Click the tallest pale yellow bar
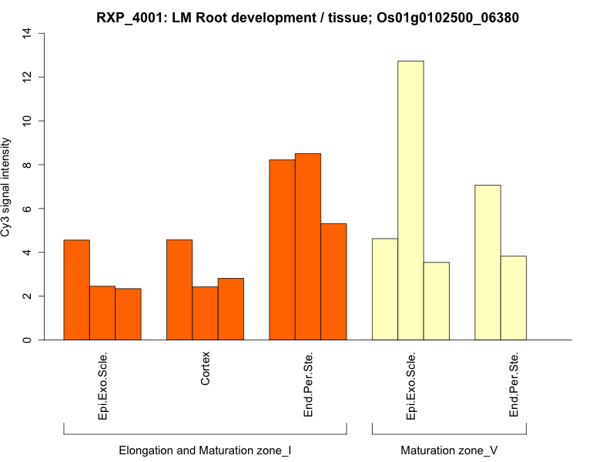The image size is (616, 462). [410, 200]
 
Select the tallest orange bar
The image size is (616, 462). [308, 246]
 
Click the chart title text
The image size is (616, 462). [308, 18]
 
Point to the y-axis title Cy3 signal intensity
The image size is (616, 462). [7, 186]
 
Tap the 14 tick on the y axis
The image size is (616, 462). [28, 33]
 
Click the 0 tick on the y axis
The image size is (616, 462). [28, 340]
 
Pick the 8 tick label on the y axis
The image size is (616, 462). [28, 165]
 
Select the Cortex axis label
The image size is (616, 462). [205, 370]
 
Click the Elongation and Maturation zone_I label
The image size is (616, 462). [205, 450]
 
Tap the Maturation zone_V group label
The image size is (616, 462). [449, 450]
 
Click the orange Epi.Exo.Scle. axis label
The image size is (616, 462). [102, 386]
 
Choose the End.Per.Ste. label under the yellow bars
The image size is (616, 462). [514, 384]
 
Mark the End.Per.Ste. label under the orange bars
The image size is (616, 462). [308, 384]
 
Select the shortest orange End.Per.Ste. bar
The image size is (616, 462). [333, 282]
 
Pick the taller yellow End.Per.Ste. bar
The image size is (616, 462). [487, 262]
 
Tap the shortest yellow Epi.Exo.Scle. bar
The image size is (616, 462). [436, 301]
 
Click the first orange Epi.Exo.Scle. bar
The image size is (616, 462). [76, 290]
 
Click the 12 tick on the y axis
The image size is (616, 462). [28, 77]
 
